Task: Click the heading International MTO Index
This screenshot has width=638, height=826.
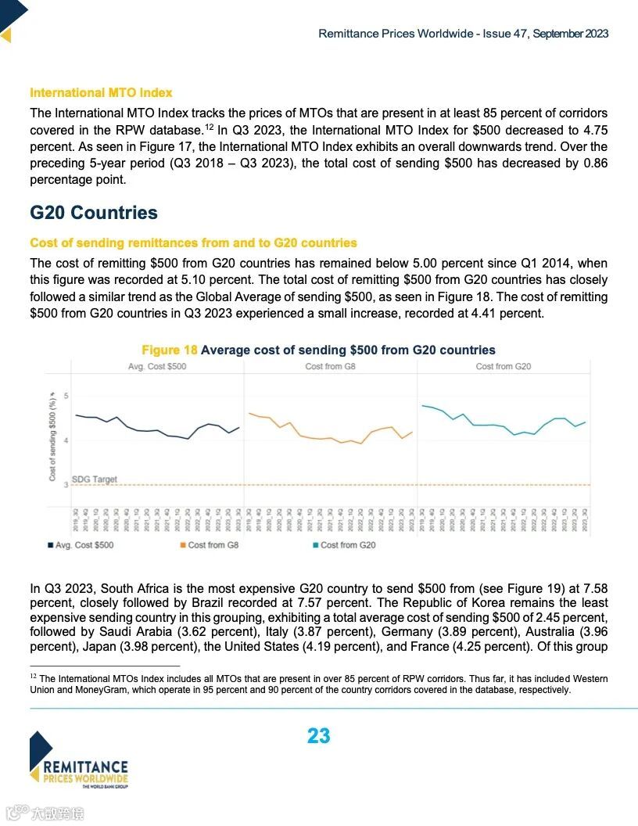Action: pyautogui.click(x=101, y=93)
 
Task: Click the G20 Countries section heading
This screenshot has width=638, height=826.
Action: pyautogui.click(x=94, y=213)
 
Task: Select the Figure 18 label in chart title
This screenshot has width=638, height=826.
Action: pyautogui.click(x=170, y=350)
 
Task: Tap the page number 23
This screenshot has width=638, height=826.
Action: pyautogui.click(x=319, y=736)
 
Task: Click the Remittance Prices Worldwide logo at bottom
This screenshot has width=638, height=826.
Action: pyautogui.click(x=78, y=760)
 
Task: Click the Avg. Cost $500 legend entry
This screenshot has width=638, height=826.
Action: pyautogui.click(x=81, y=545)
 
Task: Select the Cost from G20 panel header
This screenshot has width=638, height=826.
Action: pyautogui.click(x=504, y=366)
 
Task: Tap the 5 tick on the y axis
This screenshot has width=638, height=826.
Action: pyautogui.click(x=66, y=396)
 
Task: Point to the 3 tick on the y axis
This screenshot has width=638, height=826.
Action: pyautogui.click(x=66, y=485)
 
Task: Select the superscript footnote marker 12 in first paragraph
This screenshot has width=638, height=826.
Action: pyautogui.click(x=209, y=127)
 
